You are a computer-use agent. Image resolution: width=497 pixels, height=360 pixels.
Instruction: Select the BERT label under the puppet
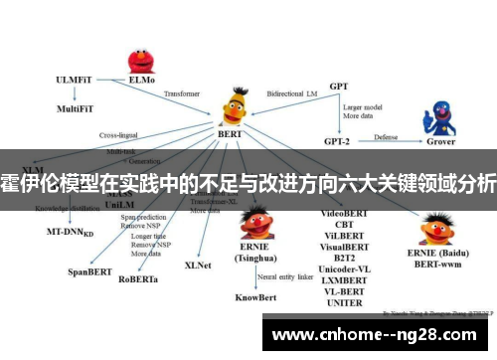[232, 133]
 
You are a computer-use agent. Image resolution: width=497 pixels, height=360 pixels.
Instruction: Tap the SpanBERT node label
[90, 270]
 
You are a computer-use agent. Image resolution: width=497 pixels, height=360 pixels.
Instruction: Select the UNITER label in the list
[345, 303]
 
